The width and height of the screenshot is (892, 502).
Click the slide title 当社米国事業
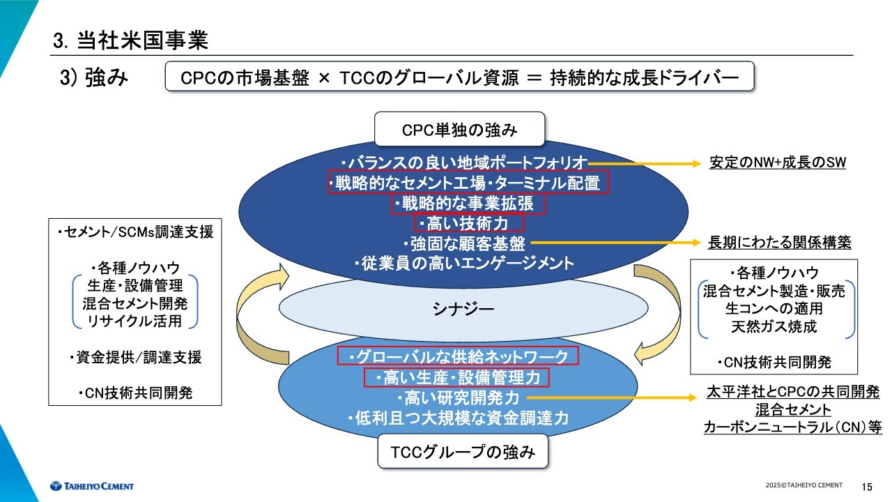point(143,40)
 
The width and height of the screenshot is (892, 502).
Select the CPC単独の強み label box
point(459,129)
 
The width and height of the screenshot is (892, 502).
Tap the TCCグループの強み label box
point(463,451)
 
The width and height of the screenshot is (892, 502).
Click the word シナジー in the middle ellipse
point(463,309)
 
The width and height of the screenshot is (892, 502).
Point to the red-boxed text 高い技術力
point(469,222)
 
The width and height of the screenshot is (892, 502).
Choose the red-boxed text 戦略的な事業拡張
point(468,204)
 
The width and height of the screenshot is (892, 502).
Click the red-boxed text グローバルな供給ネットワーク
point(458,356)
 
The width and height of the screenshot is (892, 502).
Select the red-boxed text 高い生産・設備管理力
point(456,377)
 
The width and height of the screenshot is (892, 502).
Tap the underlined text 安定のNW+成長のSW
point(777,162)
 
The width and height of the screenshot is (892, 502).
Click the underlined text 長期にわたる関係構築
point(779,242)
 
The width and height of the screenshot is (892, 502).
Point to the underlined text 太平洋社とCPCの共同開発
point(793,392)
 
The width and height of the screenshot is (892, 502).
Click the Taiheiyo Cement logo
point(92,486)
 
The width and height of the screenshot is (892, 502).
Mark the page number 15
point(867,487)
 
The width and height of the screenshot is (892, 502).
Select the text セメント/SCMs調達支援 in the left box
point(135,232)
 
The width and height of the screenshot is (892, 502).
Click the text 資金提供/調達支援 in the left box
point(135,358)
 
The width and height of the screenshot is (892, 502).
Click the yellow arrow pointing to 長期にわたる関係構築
point(615,242)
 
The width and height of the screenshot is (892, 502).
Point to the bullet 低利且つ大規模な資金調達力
point(458,418)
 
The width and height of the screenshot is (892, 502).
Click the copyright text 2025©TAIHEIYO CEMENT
point(804,485)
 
